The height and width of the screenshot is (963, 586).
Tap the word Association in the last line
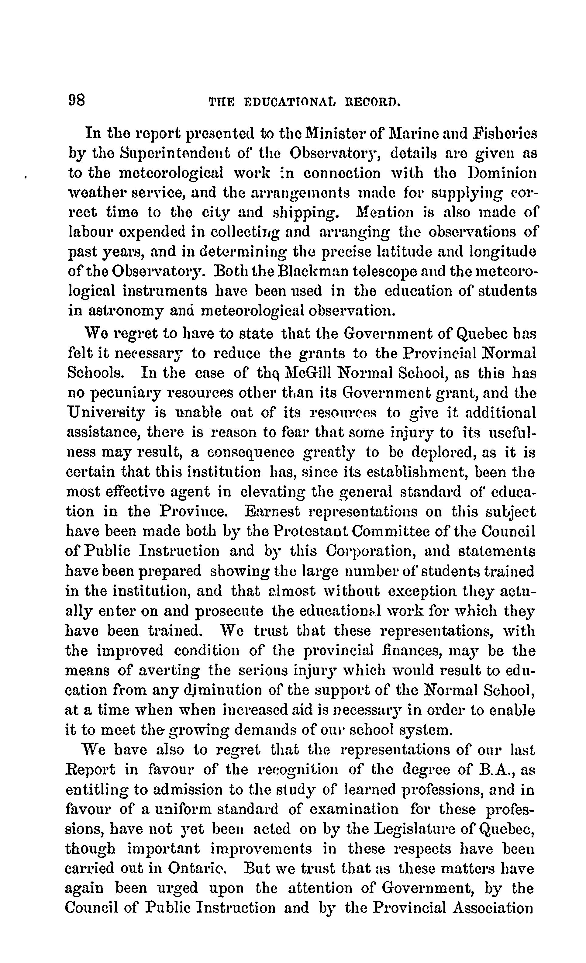point(492,907)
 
